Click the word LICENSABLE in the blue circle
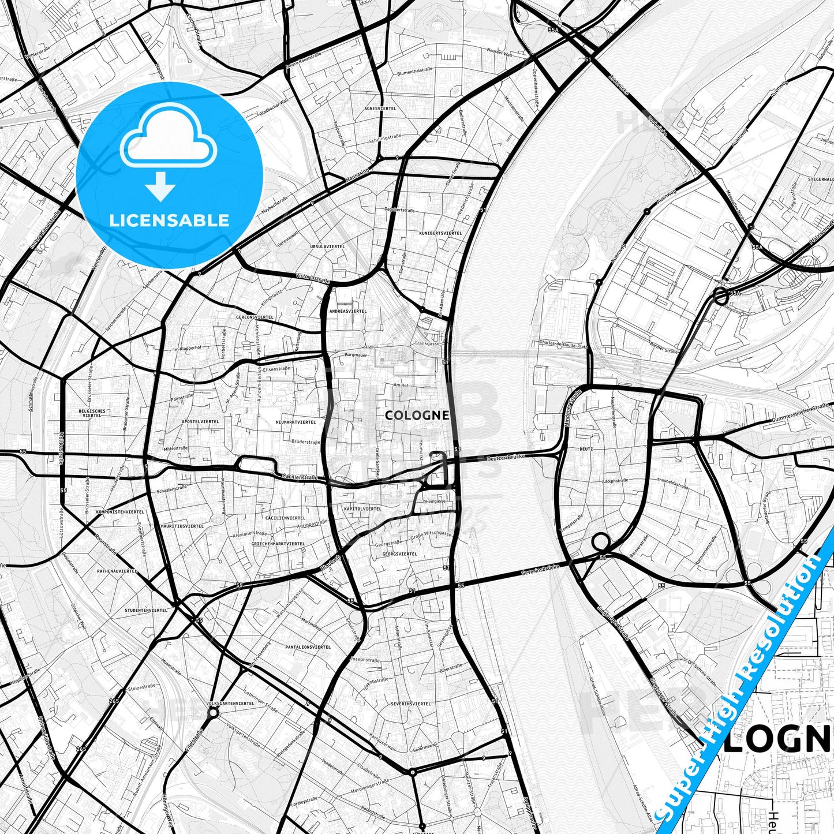pos(169,220)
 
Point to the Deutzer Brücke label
pos(506,457)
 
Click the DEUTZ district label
pos(586,448)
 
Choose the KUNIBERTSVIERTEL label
pos(440,233)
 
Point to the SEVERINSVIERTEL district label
pos(410,704)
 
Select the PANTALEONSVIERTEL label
pos(308,647)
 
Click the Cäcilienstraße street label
pos(300,477)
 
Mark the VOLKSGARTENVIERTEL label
pos(230,704)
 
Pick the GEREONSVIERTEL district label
pos(255,317)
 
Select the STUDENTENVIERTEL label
pos(146,609)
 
